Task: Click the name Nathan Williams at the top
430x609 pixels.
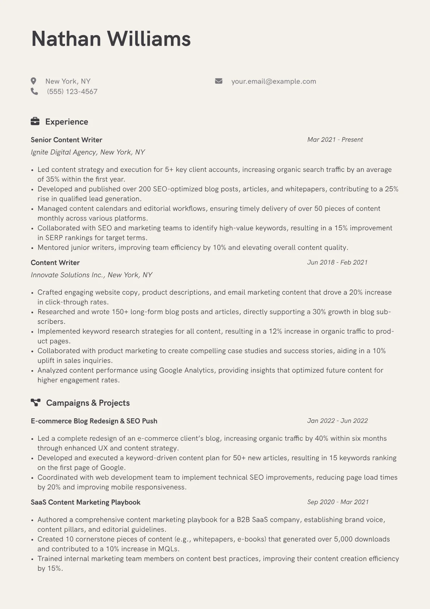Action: pos(111,39)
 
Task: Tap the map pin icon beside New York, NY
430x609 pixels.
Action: pos(34,81)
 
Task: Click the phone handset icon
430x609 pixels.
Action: pos(34,92)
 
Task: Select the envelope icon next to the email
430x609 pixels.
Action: pos(219,81)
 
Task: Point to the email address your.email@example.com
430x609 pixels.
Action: pos(274,81)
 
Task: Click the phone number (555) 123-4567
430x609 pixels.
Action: pos(72,92)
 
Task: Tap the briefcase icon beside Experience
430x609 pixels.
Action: pos(35,122)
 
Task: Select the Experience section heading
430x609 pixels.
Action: pos(66,122)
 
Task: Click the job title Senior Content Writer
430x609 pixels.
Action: pos(66,140)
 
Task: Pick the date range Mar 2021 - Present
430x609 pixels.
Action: pos(335,140)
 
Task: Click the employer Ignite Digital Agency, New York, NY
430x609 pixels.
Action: pos(88,152)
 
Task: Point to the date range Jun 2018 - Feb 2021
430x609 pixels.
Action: pos(337,262)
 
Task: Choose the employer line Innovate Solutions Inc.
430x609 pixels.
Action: pos(91,275)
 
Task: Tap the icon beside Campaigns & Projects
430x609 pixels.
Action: pos(35,402)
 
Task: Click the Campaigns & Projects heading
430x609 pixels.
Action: pos(88,403)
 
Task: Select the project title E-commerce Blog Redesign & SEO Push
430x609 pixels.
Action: pos(94,421)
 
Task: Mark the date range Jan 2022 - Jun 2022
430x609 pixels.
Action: pos(337,421)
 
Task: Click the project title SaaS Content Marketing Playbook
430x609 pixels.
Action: pos(86,502)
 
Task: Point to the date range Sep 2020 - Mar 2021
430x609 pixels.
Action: pos(338,502)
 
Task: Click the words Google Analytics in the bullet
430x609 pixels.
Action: pos(186,370)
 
